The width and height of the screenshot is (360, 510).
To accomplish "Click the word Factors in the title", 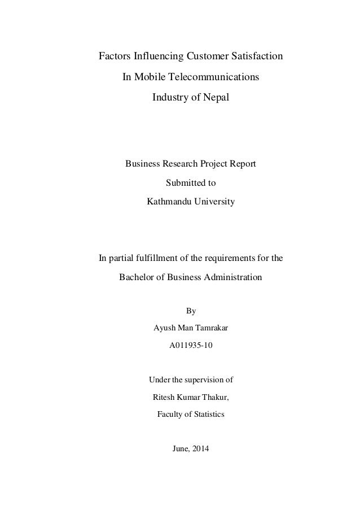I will click(x=114, y=57).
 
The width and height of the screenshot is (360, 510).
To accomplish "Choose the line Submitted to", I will click(x=190, y=183).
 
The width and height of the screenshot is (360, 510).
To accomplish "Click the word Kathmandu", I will click(x=170, y=201).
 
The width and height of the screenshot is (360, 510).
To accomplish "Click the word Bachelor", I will click(x=137, y=278).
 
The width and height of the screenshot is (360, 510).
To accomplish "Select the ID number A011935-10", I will click(x=191, y=345).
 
